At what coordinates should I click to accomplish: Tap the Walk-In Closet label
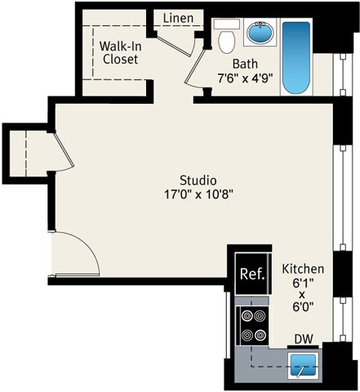click(x=119, y=53)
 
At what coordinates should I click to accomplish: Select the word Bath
click(x=245, y=65)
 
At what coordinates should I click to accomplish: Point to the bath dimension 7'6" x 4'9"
click(x=245, y=78)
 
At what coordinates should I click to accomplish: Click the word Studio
click(x=198, y=180)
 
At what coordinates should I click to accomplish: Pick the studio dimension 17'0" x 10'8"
click(x=198, y=195)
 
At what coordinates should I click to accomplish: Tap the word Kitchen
click(x=303, y=269)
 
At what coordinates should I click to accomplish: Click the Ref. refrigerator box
click(x=251, y=275)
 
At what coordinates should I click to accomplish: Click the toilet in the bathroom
click(x=226, y=37)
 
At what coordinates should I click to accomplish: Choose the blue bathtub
click(x=296, y=57)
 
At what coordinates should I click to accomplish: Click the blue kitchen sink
click(x=304, y=365)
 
